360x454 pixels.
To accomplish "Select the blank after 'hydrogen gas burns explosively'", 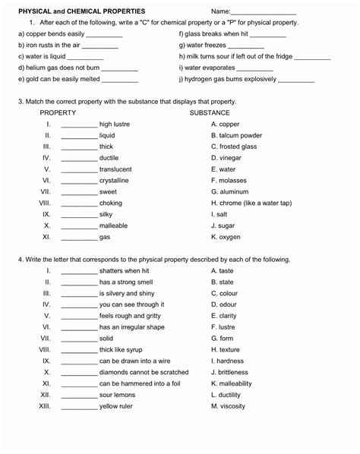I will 296,80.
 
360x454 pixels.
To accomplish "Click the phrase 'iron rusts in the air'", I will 46,46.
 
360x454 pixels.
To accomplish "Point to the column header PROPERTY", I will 58,112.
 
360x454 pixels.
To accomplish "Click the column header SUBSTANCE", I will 210,112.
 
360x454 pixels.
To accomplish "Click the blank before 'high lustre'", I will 79,125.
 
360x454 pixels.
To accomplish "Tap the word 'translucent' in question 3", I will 115,169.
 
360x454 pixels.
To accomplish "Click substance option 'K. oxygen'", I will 226,237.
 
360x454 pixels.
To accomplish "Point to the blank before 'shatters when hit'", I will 79,272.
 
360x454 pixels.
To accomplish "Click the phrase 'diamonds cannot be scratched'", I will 144,373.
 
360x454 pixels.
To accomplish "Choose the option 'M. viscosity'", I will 228,406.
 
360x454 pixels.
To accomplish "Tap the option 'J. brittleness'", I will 229,373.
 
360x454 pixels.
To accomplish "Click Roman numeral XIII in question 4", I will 44,406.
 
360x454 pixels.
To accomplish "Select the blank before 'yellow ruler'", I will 79,408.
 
